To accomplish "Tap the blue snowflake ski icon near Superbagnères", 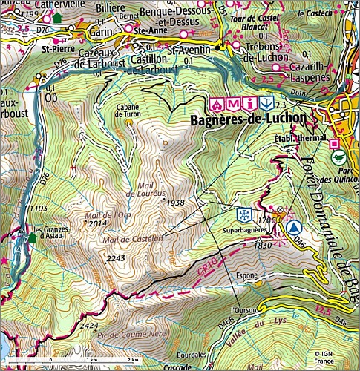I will [241, 214].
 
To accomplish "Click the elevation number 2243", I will [116, 257].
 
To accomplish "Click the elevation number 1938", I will [176, 202].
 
